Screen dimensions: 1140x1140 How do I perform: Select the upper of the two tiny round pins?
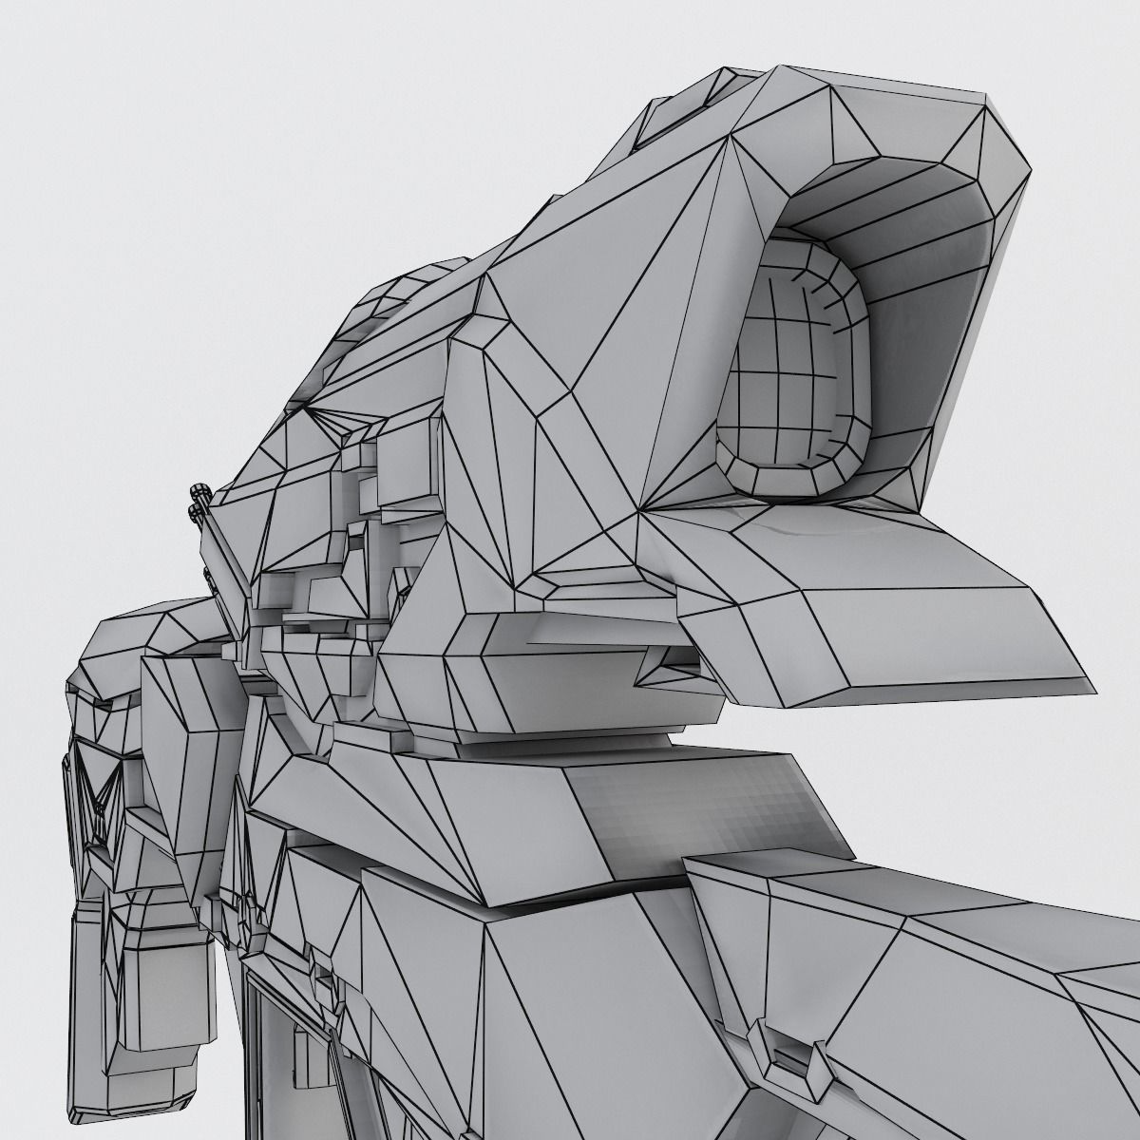200,492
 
